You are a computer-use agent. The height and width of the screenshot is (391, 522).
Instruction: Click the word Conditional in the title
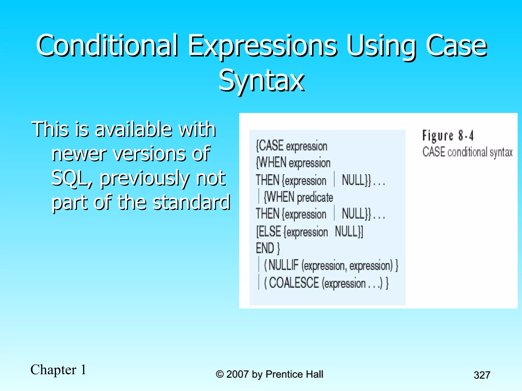click(107, 46)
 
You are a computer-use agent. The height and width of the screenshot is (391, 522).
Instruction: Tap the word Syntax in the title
click(262, 81)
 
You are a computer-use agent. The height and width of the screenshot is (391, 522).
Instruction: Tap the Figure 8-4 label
click(448, 135)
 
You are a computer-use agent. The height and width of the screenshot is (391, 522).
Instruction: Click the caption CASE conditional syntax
click(467, 152)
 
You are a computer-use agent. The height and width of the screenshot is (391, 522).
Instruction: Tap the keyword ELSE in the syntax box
click(269, 232)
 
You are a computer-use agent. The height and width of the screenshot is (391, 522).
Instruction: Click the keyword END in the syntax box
click(265, 248)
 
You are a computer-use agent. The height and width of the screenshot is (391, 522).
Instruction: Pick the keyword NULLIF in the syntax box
click(283, 265)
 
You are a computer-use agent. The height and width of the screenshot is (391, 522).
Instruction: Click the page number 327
click(482, 375)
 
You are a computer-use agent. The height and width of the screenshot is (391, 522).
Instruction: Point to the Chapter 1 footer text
click(58, 370)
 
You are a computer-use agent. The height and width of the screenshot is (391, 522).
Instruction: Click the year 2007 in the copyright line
click(237, 374)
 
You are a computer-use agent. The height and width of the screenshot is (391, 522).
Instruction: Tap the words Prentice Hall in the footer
click(294, 374)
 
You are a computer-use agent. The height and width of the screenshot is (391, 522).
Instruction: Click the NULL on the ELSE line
click(348, 232)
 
